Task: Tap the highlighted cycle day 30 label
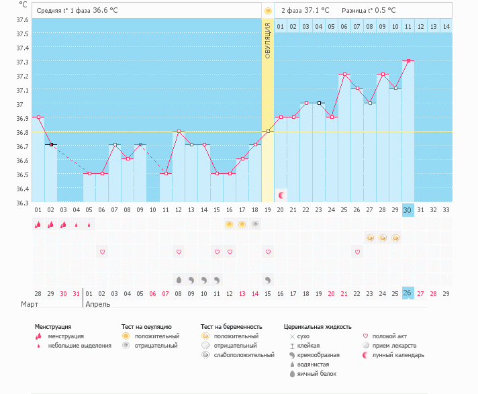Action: [408, 210]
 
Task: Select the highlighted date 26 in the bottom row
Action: [408, 293]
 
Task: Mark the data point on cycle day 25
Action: [344, 75]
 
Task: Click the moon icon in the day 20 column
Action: [281, 195]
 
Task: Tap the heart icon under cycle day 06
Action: [102, 252]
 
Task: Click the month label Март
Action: [29, 304]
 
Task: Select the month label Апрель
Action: [99, 304]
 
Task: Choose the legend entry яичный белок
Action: [317, 373]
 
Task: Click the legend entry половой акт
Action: [389, 336]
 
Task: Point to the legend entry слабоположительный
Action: [238, 354]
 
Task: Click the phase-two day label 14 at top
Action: [446, 26]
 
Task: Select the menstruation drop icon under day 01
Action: [38, 224]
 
